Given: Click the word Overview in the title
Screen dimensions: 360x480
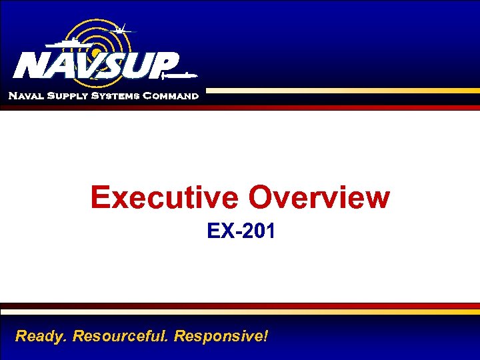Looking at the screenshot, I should (x=319, y=197).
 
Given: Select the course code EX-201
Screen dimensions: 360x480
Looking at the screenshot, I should (x=241, y=231).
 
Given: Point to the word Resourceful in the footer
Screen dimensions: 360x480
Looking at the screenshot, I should (x=120, y=335).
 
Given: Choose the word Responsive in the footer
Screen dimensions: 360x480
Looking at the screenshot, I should (x=217, y=335).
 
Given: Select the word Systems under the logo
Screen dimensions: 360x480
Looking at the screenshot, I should (x=113, y=96).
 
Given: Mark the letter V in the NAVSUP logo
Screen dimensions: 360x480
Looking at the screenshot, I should (x=87, y=65).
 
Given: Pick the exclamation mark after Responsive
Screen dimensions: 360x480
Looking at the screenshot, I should (x=265, y=335).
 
